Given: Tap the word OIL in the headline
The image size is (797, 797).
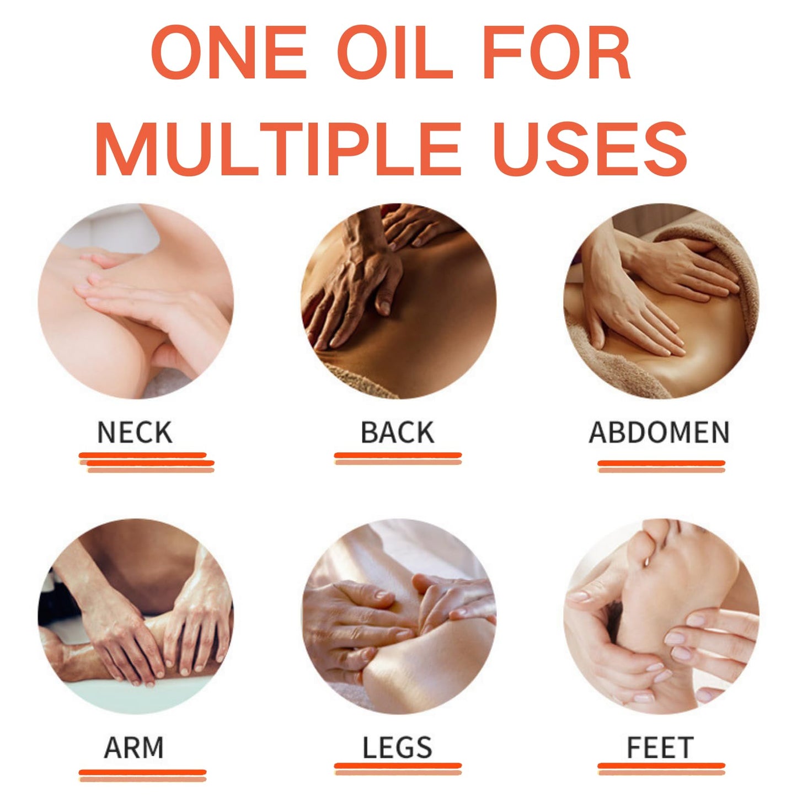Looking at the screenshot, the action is pos(395,52).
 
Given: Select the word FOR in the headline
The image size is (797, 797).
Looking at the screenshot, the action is pos(557,52).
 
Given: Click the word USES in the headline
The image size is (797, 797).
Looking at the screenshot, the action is pos(590,149).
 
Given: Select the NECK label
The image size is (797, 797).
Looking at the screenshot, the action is pos(135,432).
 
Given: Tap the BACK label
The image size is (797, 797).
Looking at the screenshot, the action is pos(398,432).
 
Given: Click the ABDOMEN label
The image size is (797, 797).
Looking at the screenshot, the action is pos(659,432).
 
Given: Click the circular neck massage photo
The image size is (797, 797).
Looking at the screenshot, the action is pos(136,301).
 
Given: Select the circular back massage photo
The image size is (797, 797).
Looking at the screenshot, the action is pos(398,301).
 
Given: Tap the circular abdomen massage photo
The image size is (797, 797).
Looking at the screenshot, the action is pos(661,301).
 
